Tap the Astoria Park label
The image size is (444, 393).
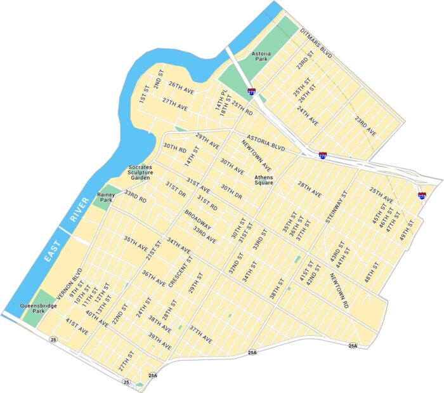[261, 58]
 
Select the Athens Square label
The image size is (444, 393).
[263, 180]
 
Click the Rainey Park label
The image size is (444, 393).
[105, 197]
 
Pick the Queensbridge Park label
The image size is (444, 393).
[38, 309]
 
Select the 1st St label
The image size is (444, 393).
[144, 93]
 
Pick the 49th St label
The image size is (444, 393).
[405, 232]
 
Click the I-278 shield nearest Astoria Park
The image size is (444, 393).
[252, 92]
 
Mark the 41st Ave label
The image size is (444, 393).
[77, 326]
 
